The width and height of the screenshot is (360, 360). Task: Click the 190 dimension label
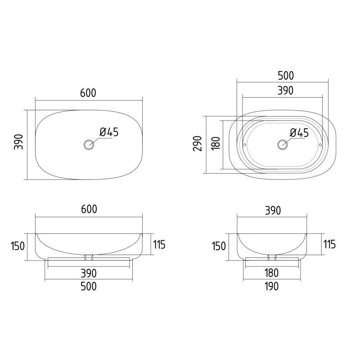tap(272, 286)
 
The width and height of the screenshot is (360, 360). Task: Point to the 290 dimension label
tap(198, 144)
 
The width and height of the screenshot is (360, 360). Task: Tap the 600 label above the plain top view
tap(88, 93)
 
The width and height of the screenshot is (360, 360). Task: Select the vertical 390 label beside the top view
tap(18, 142)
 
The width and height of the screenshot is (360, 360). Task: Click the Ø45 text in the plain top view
tap(109, 132)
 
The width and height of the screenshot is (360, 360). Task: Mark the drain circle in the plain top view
tap(89, 144)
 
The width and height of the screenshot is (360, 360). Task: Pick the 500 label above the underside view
tap(286, 76)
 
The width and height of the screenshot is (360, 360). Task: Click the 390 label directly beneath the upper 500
tap(285, 90)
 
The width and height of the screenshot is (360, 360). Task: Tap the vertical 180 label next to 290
tap(216, 144)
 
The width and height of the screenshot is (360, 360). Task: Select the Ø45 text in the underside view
tap(299, 133)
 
